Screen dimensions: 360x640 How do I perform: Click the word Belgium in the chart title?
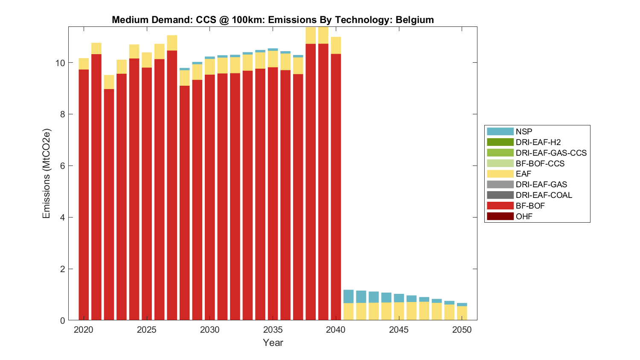(x=414, y=20)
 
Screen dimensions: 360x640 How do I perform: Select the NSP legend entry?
(x=524, y=132)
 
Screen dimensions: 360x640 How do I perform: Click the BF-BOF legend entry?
(x=530, y=206)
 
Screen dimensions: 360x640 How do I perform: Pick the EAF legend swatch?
(x=500, y=174)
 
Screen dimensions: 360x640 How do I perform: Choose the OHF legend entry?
(x=524, y=216)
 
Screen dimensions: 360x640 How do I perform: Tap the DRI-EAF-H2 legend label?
(x=538, y=142)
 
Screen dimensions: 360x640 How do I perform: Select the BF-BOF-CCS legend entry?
(x=540, y=163)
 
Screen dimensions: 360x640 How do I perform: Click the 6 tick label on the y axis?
(x=62, y=166)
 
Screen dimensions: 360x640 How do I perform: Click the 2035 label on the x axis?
(x=273, y=330)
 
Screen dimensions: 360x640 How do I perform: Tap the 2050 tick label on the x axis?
(x=462, y=330)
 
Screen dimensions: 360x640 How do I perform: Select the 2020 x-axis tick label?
(x=84, y=330)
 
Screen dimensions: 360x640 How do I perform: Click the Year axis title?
(x=273, y=343)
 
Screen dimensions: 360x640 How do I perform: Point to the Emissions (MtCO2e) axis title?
(x=46, y=173)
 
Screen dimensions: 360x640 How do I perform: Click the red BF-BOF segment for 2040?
(x=336, y=188)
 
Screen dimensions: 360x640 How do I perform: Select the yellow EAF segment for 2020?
(x=84, y=64)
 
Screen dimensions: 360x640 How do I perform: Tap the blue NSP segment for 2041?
(x=348, y=296)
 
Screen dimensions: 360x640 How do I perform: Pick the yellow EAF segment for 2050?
(x=462, y=313)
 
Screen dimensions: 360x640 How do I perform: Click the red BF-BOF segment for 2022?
(x=109, y=205)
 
